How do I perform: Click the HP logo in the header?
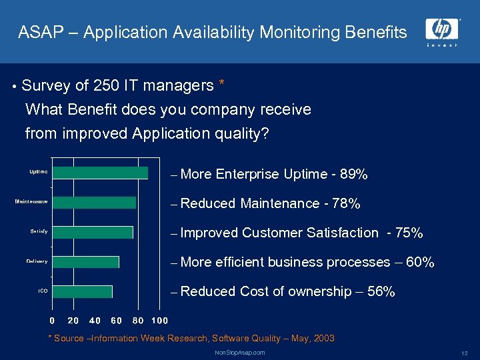[x=441, y=29]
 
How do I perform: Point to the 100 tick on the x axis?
[x=159, y=321]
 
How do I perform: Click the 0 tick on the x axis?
[x=53, y=321]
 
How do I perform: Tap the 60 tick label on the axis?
[x=116, y=321]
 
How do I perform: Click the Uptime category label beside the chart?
[x=38, y=172]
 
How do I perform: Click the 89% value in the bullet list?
[x=353, y=175]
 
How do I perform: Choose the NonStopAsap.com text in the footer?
[x=240, y=352]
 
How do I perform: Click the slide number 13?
[x=464, y=353]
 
